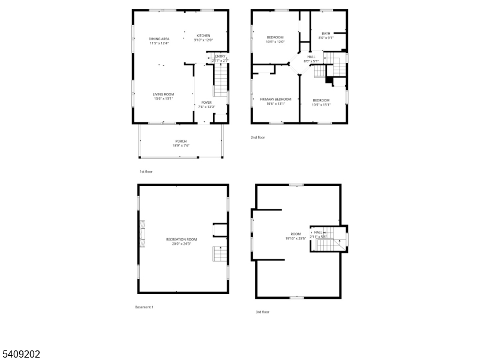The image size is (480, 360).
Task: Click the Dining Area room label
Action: pyautogui.click(x=159, y=41)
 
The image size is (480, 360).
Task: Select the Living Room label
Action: pyautogui.click(x=163, y=96)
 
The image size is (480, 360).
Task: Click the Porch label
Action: pyautogui.click(x=181, y=143)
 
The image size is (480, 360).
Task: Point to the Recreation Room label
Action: pyautogui.click(x=181, y=241)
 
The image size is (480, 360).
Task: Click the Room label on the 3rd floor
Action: pyautogui.click(x=296, y=236)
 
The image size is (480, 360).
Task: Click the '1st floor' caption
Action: pyautogui.click(x=146, y=172)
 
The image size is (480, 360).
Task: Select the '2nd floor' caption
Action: pyautogui.click(x=257, y=137)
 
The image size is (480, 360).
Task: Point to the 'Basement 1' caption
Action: pyautogui.click(x=144, y=307)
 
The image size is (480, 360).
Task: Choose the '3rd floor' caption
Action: pyautogui.click(x=263, y=312)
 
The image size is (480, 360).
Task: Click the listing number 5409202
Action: pyautogui.click(x=21, y=354)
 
